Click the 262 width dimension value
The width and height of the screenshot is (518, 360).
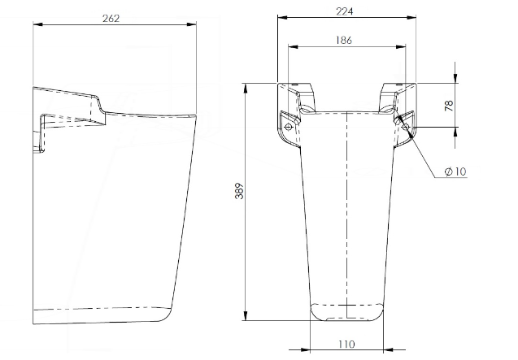tap(112, 19)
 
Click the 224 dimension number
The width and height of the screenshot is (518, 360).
tap(344, 10)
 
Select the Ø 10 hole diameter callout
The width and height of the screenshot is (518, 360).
tap(455, 171)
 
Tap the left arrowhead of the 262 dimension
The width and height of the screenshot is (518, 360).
tap(37, 25)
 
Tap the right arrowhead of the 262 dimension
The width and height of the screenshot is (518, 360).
tap(194, 25)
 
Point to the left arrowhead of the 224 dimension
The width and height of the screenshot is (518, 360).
tap(281, 17)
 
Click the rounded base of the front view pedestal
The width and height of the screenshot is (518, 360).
tap(346, 312)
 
